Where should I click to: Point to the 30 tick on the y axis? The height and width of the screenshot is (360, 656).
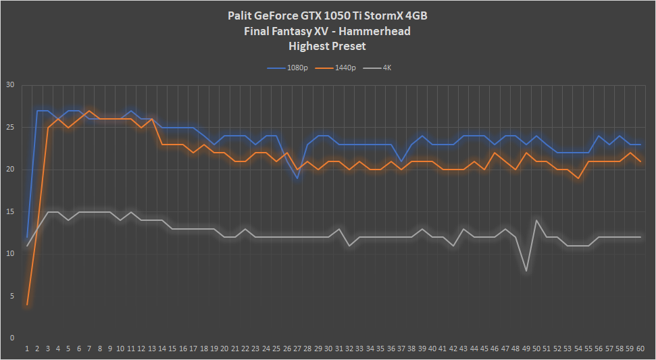9,85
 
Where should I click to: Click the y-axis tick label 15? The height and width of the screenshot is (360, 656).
9,211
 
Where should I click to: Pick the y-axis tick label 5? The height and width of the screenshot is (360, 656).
11,296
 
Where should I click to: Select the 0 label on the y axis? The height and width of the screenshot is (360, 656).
11,338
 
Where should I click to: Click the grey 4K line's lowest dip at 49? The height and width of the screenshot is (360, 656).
526,271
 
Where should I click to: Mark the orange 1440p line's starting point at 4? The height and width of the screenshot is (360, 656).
27,305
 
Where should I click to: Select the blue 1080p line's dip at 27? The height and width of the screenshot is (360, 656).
297,178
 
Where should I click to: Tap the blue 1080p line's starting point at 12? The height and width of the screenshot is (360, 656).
27,237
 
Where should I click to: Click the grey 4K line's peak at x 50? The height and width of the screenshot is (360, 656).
536,220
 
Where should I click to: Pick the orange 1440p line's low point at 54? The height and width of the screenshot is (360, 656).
578,178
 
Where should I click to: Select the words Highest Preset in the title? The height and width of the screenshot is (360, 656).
328,46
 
